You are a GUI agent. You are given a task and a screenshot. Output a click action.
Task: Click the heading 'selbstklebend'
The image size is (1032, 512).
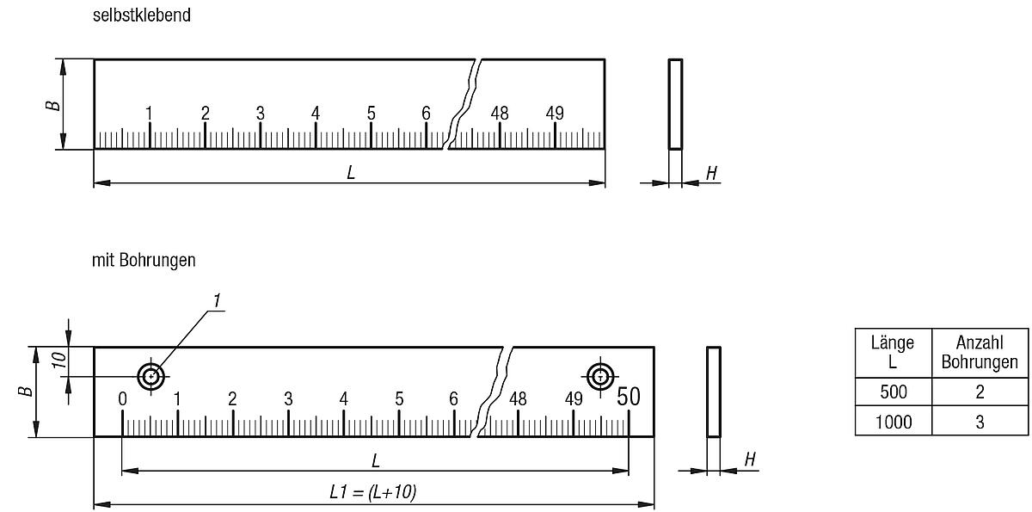142,16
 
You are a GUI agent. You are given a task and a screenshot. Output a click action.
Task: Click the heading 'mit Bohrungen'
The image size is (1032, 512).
144,260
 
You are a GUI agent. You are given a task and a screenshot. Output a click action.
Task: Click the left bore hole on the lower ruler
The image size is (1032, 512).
152,375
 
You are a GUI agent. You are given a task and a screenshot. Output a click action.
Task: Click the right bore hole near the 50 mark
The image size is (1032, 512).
599,375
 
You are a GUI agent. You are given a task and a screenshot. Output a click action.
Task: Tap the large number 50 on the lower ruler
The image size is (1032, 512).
629,396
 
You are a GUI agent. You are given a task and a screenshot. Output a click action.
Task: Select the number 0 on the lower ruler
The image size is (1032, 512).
122,398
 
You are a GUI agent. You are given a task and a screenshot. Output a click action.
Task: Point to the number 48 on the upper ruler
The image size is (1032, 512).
499,113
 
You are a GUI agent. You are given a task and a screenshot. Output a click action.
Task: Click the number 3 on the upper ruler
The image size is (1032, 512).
260,113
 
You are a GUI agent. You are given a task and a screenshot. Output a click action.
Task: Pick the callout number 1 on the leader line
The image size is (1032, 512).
218,300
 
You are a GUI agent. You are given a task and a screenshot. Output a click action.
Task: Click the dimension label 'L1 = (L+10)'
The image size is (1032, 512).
373,491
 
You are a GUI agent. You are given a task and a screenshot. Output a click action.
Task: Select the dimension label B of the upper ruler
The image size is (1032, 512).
53,104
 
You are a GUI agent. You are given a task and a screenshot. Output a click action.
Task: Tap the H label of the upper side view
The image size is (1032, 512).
710,173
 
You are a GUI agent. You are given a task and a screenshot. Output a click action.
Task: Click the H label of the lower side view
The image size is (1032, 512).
749,460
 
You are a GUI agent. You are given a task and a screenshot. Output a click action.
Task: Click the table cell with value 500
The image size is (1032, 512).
893,392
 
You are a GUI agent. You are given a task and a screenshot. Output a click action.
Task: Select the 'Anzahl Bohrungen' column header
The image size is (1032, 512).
979,352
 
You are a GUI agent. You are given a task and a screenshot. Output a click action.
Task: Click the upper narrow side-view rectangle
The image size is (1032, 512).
675,104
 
